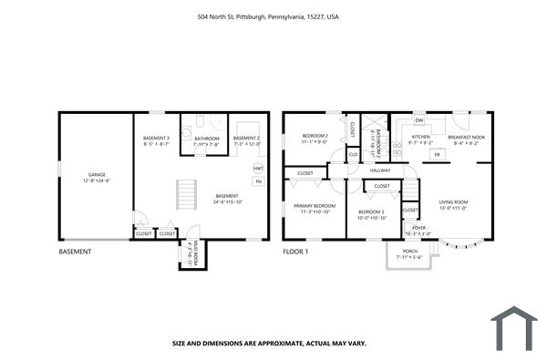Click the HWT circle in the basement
[x=259, y=169]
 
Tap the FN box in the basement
[x=259, y=181]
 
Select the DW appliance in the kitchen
[x=418, y=120]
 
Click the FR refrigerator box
[x=436, y=155]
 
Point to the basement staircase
[x=186, y=194]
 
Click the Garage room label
[x=97, y=174]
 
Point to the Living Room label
[x=453, y=202]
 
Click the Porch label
[x=410, y=251]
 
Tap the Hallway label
[x=380, y=170]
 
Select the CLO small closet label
[x=353, y=154]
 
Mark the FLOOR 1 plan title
[x=297, y=251]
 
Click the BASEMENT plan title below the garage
[x=76, y=251]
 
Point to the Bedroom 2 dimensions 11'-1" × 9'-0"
[x=315, y=142]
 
